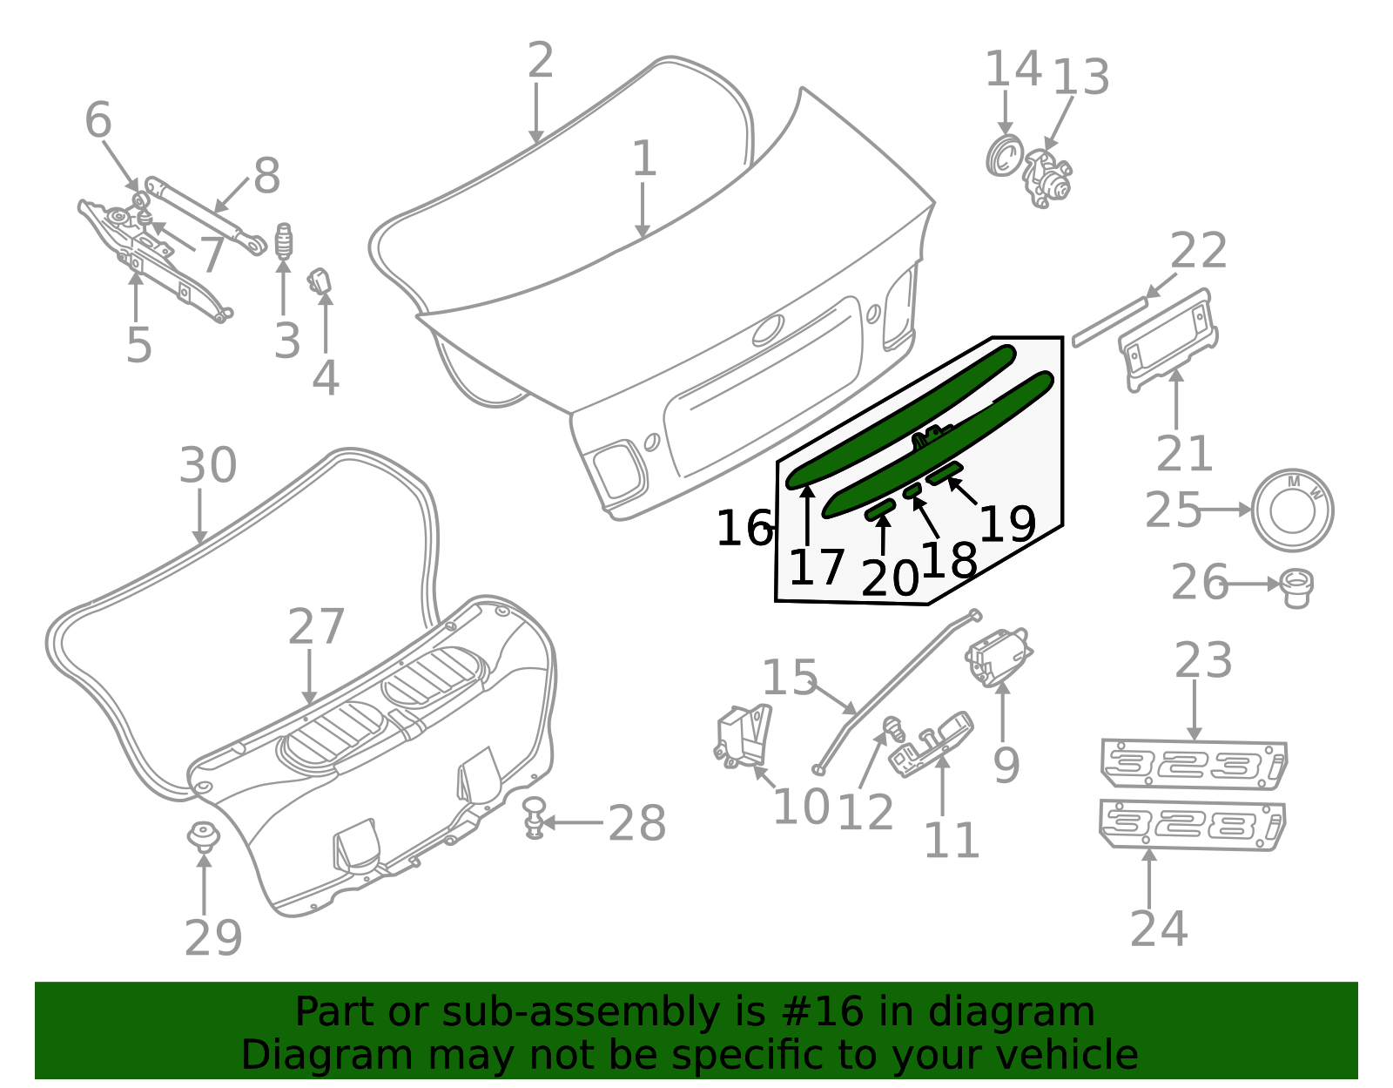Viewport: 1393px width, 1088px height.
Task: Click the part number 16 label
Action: [744, 529]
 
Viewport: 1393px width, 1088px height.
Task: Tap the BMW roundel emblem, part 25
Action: [1292, 510]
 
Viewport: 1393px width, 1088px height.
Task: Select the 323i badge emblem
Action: [1194, 764]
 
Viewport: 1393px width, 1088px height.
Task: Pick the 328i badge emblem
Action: [1192, 823]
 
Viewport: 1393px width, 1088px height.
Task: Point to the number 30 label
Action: [207, 466]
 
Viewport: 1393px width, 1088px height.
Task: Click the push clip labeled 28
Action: [535, 816]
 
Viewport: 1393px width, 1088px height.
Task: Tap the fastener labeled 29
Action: [204, 836]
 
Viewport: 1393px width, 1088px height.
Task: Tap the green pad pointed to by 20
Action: [880, 510]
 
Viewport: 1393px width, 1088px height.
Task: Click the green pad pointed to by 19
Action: [944, 474]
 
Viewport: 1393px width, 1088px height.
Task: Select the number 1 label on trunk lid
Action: [643, 159]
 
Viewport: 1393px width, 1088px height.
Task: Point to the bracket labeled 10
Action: [744, 736]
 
